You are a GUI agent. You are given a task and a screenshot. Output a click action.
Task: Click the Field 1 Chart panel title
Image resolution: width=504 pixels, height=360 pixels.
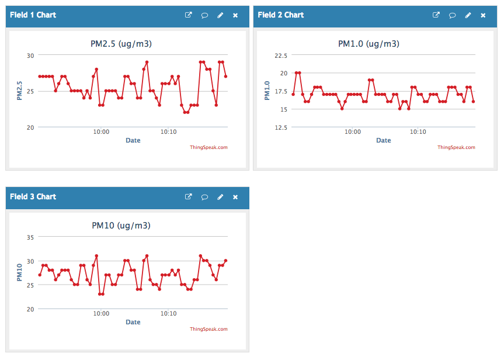point(33,15)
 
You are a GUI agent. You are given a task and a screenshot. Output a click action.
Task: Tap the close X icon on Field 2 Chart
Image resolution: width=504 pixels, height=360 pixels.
point(483,15)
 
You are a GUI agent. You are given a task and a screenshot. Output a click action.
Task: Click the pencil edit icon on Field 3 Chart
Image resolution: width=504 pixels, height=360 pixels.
point(220,197)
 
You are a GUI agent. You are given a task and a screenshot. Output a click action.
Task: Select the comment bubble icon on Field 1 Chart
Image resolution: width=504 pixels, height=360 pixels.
point(205,15)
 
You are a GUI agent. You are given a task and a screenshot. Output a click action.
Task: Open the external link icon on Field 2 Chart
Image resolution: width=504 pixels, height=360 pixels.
point(436,15)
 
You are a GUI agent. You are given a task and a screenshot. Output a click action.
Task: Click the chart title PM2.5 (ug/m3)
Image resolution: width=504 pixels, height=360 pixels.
point(121,44)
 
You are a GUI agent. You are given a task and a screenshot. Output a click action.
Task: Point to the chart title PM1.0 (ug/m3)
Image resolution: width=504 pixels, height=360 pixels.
point(369,44)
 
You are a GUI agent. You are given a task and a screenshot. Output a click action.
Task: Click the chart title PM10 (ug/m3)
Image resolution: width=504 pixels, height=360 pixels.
point(121,226)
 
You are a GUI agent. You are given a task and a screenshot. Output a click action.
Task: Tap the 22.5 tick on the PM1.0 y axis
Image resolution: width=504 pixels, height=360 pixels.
point(280,56)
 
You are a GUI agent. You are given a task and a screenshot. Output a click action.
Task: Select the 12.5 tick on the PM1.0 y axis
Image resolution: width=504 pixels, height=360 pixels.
point(280,127)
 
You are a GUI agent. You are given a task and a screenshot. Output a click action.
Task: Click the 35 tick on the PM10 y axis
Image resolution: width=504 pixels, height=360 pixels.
point(30,237)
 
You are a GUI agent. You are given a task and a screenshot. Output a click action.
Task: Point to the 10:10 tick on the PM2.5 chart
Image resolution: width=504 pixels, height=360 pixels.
point(169,132)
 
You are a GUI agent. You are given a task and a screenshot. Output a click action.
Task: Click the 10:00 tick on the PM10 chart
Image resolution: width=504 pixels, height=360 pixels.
point(102,314)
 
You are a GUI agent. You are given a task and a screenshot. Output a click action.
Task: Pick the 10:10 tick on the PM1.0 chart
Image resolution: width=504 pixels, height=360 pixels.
point(417,132)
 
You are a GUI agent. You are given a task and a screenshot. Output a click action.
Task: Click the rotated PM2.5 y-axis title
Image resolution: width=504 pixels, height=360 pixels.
point(19,91)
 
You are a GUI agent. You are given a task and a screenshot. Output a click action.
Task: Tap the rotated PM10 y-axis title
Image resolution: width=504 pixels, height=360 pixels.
point(19,272)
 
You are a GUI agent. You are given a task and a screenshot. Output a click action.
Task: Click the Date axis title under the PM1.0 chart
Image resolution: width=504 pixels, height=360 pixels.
point(383,140)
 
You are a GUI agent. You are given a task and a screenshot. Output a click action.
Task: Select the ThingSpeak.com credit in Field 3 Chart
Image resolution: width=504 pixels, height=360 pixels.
point(208,329)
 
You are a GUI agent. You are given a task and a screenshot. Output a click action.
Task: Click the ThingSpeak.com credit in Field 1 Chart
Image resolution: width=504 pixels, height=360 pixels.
point(208,147)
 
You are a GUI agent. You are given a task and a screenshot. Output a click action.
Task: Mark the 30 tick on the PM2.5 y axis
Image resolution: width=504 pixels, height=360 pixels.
point(30,56)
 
